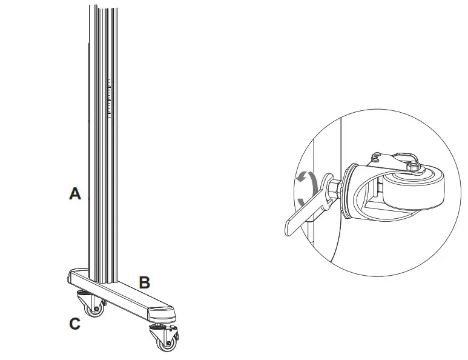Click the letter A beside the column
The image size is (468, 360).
pos(75,194)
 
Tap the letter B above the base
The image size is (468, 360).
pos(145,282)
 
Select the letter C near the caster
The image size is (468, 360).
pos(74,324)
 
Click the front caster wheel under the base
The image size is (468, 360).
pos(165,344)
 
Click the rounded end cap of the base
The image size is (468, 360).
pos(163,315)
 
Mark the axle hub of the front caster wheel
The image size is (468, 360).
pos(165,344)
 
